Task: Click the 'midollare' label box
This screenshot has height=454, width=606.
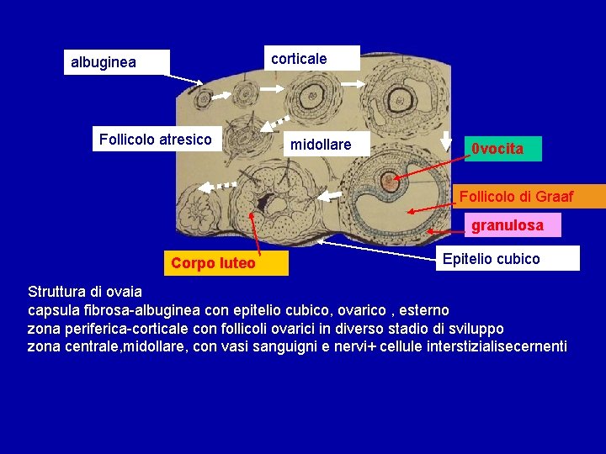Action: pos(321,145)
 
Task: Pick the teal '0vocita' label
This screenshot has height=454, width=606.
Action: pos(505,149)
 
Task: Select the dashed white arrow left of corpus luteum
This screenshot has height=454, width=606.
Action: pos(221,184)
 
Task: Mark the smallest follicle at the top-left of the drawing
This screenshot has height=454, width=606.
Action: pos(202,100)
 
